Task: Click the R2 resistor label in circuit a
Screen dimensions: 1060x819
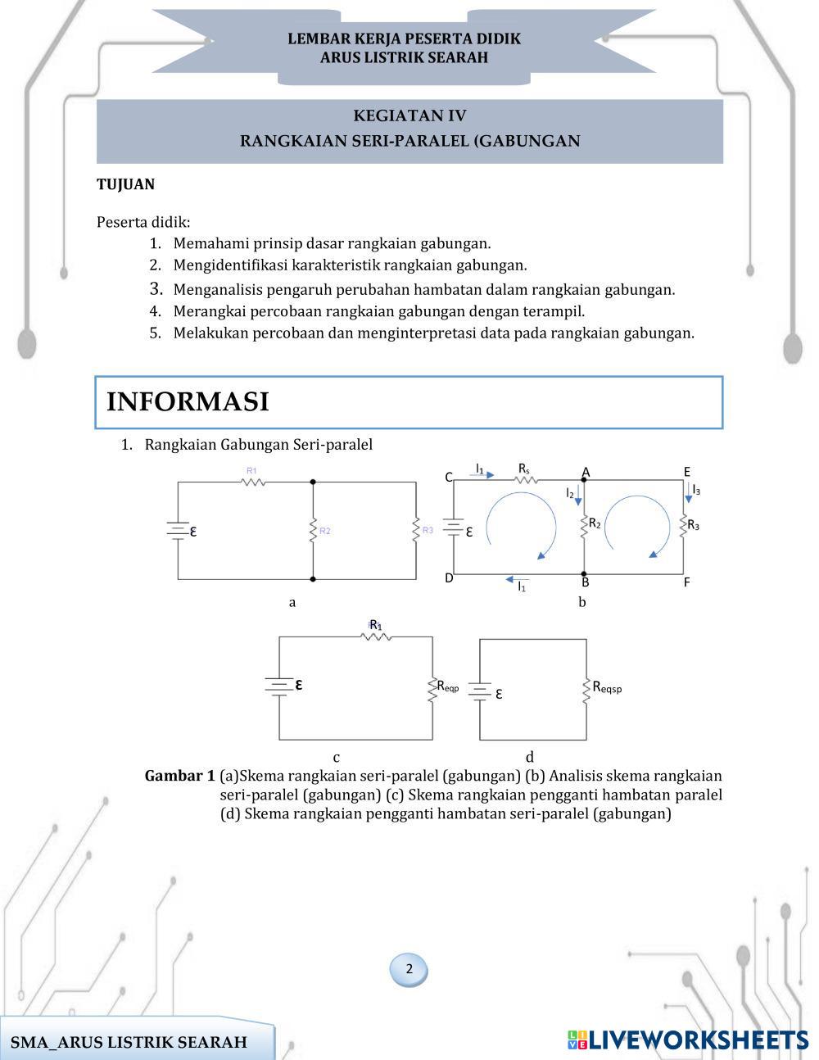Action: pos(325,531)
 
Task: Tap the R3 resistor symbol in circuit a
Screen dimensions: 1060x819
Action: pos(416,529)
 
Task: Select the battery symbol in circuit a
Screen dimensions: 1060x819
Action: pos(178,530)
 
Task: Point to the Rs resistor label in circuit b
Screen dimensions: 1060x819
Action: pos(524,468)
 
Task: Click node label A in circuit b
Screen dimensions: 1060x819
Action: pos(586,472)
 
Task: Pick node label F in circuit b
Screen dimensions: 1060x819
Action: pos(686,582)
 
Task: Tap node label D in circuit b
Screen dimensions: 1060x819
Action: pos(449,578)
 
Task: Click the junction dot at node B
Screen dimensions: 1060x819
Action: pos(584,574)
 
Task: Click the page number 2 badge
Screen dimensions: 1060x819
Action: pos(409,969)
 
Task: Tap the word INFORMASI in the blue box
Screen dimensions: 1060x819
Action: pos(188,402)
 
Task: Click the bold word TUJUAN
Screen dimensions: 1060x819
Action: pos(125,184)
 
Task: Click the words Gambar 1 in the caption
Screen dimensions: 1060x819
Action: pos(179,776)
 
